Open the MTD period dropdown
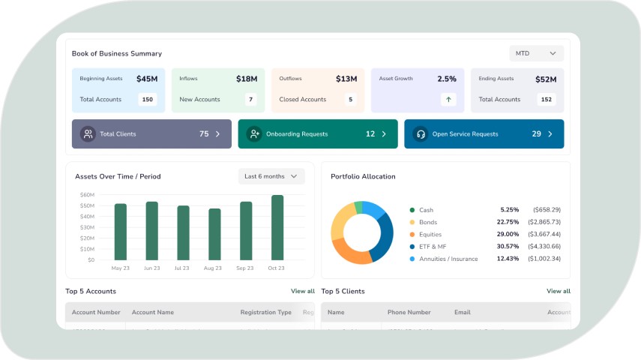tap(536, 53)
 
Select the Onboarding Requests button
tap(318, 134)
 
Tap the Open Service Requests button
tap(484, 134)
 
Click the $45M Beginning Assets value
tap(147, 79)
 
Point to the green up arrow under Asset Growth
tap(448, 99)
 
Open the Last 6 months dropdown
tap(271, 176)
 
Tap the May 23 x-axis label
tap(120, 268)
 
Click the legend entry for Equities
tap(430, 235)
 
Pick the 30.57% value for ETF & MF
tap(508, 247)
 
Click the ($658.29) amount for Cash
tap(547, 210)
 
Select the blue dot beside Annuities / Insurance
tap(412, 259)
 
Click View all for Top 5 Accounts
tap(303, 291)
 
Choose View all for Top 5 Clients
tap(559, 291)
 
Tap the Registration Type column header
tap(265, 312)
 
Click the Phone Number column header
tap(409, 312)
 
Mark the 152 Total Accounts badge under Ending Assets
tap(547, 99)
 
